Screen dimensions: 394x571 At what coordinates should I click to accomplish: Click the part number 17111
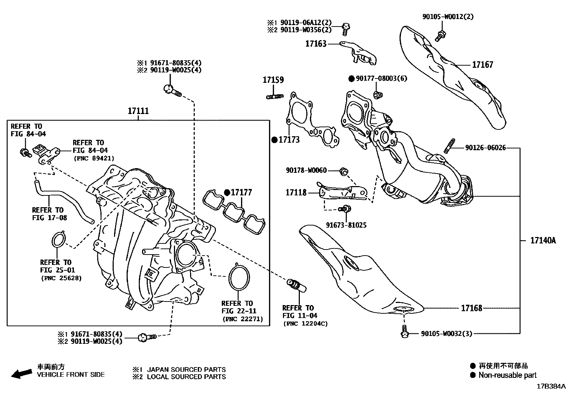[138, 111]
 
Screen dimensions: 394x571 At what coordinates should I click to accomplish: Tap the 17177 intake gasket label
[241, 193]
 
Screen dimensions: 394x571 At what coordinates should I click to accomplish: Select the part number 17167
[482, 65]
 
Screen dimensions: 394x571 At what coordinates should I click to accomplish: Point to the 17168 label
[471, 308]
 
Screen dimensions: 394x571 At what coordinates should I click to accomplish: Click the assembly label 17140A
[543, 241]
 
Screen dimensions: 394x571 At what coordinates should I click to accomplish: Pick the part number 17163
[316, 44]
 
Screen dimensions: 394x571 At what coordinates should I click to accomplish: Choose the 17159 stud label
[273, 80]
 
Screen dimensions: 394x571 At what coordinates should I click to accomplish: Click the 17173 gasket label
[289, 139]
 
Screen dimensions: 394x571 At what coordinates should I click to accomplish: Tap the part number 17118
[296, 193]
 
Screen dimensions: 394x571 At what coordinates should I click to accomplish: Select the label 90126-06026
[485, 148]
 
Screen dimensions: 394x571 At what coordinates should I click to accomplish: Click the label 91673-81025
[346, 225]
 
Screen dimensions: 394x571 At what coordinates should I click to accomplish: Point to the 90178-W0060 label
[306, 170]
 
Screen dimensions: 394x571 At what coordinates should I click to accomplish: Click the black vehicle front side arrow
[21, 374]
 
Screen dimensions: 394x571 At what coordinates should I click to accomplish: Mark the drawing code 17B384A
[551, 386]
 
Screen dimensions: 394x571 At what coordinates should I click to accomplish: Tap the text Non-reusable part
[508, 375]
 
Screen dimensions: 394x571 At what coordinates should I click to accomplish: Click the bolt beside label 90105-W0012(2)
[440, 35]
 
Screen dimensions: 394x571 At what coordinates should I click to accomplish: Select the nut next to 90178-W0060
[343, 171]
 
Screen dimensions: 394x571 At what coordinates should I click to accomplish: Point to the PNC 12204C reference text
[305, 324]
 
